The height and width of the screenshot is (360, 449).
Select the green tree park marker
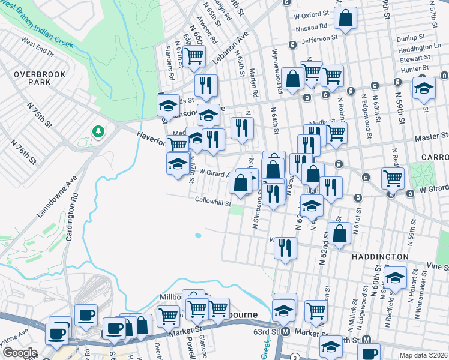pos(97,131)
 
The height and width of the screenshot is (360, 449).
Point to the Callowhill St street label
pos(212,202)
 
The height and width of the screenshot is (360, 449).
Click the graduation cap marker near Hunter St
pos(424,88)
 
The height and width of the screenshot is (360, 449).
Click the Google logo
pos(20,353)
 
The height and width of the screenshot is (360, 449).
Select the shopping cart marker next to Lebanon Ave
pos(193,56)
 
